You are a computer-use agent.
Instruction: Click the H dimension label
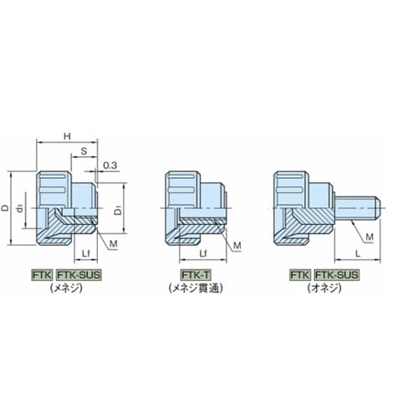pos(67,136)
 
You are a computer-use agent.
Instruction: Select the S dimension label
pos(84,151)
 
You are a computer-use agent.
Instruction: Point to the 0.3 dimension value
pos(110,166)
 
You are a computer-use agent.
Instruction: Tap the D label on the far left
pos(5,208)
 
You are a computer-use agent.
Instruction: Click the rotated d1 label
pos(19,208)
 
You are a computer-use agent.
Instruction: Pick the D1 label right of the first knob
pos(119,210)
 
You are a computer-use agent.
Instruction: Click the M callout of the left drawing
pos(114,244)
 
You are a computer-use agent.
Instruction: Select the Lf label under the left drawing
pos(86,253)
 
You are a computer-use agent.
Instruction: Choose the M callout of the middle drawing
pos(237,246)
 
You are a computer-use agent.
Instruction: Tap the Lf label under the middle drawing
pos(204,253)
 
